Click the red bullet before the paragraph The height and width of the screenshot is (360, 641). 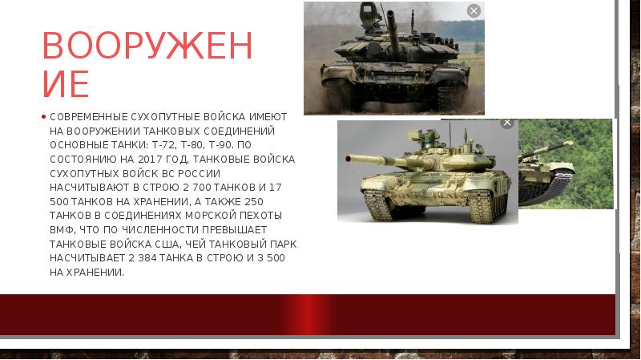pyautogui.click(x=43, y=117)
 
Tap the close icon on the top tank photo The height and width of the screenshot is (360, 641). pyautogui.click(x=474, y=11)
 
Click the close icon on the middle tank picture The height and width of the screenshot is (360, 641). pyautogui.click(x=507, y=123)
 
